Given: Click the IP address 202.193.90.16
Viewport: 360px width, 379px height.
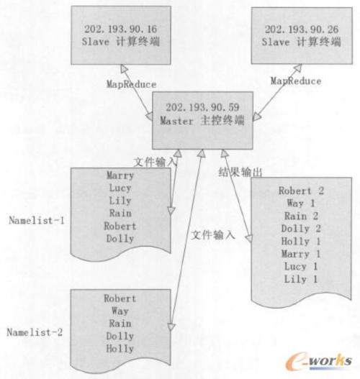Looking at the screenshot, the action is click(x=120, y=29).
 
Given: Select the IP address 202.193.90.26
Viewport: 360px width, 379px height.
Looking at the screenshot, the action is click(x=302, y=29).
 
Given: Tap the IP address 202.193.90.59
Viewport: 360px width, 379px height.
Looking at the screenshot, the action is click(x=202, y=107).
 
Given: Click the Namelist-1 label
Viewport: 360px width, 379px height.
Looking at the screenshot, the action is click(x=37, y=220).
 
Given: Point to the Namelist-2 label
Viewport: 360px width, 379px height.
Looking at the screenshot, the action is click(x=35, y=332).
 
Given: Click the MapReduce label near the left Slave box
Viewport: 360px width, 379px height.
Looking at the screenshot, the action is click(x=131, y=84).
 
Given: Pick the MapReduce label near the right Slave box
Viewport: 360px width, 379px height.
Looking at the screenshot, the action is click(x=296, y=81).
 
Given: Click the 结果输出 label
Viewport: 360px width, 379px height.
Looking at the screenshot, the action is click(x=240, y=173).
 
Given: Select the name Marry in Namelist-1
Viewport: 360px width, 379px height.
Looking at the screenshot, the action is click(x=120, y=175).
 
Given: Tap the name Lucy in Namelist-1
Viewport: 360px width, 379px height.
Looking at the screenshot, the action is click(x=120, y=188).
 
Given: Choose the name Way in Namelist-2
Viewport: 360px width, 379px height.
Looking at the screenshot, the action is click(x=120, y=311).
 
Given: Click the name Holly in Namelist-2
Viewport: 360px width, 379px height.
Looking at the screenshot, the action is click(x=120, y=349).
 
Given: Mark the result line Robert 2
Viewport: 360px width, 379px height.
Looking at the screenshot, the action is click(x=301, y=191).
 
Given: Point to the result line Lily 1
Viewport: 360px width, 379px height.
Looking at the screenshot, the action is click(x=301, y=279).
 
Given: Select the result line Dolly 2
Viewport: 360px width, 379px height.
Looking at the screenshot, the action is click(x=301, y=229).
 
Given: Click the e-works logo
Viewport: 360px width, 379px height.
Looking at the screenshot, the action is click(x=319, y=362).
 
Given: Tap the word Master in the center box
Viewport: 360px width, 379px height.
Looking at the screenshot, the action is click(x=176, y=121).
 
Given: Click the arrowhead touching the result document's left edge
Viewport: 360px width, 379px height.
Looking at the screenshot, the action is click(x=249, y=238).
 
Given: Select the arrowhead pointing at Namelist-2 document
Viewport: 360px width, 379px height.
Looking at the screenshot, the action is click(x=171, y=327).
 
